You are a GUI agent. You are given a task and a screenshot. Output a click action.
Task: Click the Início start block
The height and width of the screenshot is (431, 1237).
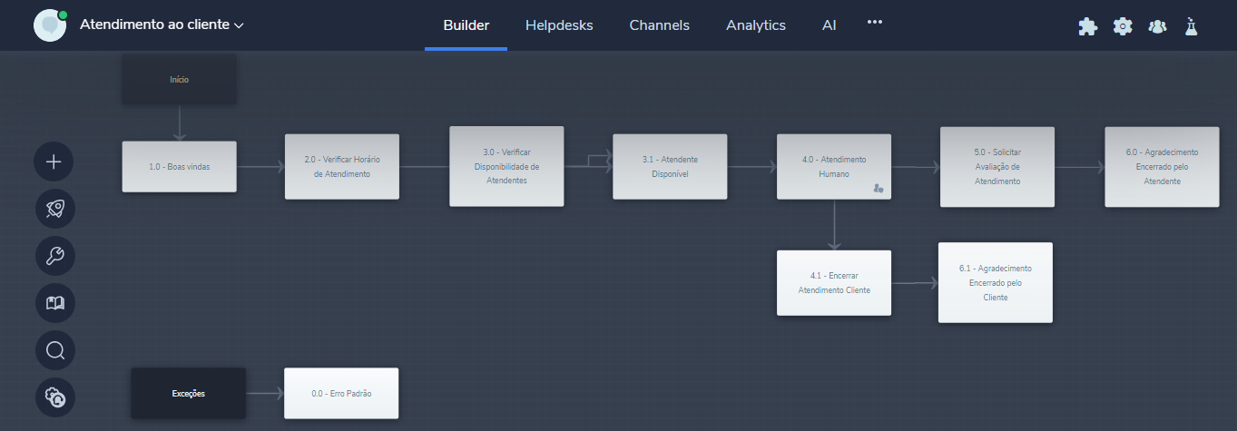pyautogui.click(x=179, y=80)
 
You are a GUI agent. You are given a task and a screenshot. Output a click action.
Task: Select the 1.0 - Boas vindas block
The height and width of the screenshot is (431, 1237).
pyautogui.click(x=179, y=167)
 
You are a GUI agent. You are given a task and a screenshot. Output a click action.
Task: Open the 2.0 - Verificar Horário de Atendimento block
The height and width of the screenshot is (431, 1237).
pyautogui.click(x=341, y=167)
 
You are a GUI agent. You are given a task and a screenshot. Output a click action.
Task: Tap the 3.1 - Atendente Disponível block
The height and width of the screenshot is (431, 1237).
pyautogui.click(x=670, y=167)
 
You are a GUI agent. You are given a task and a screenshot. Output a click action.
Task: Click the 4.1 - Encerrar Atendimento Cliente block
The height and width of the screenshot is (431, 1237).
pyautogui.click(x=834, y=283)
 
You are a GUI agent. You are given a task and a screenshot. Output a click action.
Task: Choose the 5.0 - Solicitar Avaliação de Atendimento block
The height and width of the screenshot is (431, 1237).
pyautogui.click(x=997, y=167)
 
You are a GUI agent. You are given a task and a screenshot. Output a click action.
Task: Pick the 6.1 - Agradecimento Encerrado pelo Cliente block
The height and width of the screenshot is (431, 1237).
pyautogui.click(x=996, y=282)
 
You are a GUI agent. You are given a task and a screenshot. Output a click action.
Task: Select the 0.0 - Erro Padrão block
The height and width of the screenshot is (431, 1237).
pyautogui.click(x=341, y=394)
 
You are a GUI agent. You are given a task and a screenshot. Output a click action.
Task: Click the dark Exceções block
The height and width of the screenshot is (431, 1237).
pyautogui.click(x=188, y=394)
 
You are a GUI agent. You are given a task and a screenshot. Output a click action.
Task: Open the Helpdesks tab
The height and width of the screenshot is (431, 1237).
pyautogui.click(x=559, y=25)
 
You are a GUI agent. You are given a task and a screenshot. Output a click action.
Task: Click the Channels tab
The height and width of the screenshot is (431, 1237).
pyautogui.click(x=659, y=25)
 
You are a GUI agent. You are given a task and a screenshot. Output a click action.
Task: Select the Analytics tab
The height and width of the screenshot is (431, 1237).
pyautogui.click(x=756, y=25)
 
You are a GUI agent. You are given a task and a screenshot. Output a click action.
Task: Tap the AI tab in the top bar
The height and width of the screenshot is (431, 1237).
pyautogui.click(x=830, y=25)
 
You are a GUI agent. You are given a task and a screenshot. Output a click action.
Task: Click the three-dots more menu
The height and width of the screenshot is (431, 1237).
pyautogui.click(x=875, y=22)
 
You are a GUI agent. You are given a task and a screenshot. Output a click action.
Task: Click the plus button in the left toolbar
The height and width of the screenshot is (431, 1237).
pyautogui.click(x=54, y=162)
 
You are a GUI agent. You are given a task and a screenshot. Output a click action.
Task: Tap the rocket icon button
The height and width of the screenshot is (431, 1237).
pyautogui.click(x=54, y=209)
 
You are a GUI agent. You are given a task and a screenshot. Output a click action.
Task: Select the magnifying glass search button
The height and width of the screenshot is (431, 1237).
pyautogui.click(x=54, y=350)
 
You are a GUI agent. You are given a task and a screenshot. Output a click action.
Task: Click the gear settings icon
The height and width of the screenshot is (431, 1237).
pyautogui.click(x=1123, y=26)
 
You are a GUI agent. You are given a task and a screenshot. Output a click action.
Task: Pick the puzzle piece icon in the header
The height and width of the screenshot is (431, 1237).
pyautogui.click(x=1087, y=26)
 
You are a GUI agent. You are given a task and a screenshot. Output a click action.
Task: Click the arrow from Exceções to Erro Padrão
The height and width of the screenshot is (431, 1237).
pyautogui.click(x=265, y=394)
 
